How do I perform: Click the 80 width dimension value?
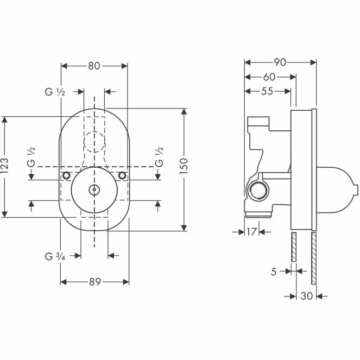tap(94, 66)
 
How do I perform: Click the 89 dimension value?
tap(95, 282)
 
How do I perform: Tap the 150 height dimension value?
tap(184, 166)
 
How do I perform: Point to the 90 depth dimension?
tap(280, 62)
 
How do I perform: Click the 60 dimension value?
tap(269, 77)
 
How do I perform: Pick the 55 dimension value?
tap(267, 91)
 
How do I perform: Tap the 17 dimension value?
tap(251, 232)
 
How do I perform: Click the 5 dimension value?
tap(274, 272)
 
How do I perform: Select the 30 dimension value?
tap(307, 296)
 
